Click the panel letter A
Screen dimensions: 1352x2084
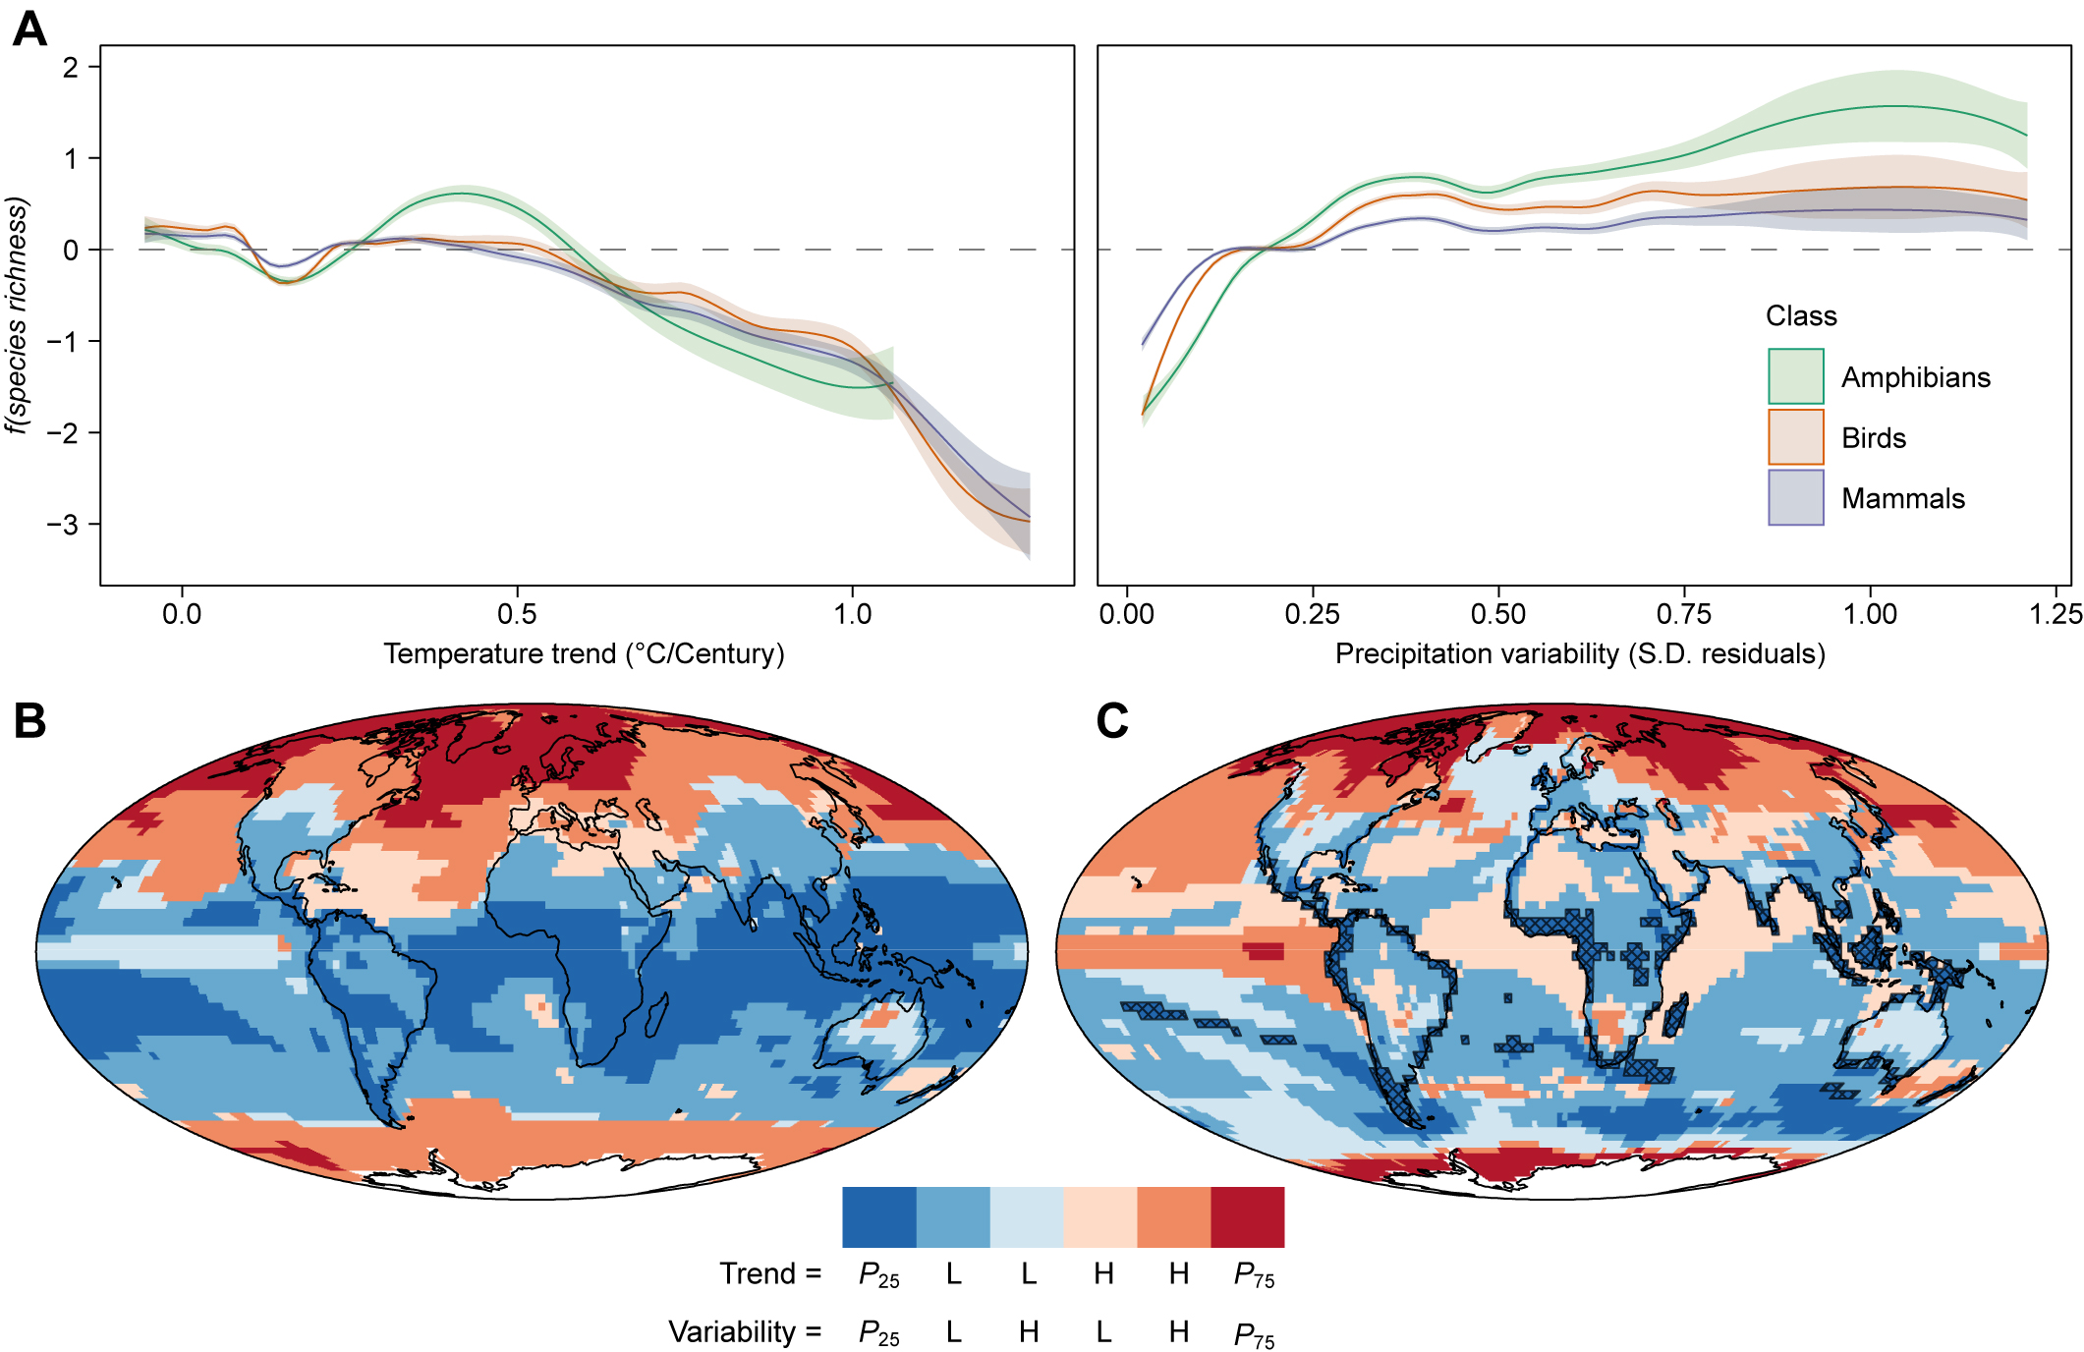coord(29,29)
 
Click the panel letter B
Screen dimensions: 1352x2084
coord(29,720)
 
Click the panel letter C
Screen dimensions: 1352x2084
coord(1111,720)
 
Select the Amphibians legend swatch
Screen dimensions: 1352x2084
coord(1795,376)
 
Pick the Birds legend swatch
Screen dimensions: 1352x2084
coord(1795,437)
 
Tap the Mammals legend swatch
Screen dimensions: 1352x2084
coord(1795,497)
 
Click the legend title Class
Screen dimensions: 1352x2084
coord(1800,315)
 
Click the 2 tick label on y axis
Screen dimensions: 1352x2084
coord(71,67)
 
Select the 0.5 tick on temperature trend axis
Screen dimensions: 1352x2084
coord(517,614)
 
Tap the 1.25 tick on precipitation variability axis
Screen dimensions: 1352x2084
coord(2055,614)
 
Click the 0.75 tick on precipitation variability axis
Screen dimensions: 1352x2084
coord(1683,614)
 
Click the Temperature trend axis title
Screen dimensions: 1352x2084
coord(584,653)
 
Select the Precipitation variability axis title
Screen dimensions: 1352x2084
coord(1579,653)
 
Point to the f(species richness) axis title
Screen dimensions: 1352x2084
coord(18,314)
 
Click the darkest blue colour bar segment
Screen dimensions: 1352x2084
coord(878,1216)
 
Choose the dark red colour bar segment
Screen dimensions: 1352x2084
coord(1247,1216)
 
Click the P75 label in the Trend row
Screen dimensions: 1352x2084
coord(1254,1275)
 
